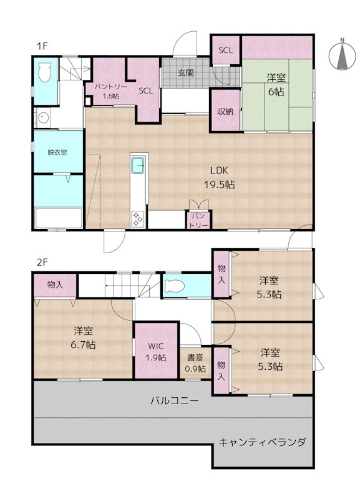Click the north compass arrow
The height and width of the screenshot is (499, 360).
[343, 56]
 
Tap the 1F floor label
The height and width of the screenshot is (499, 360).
[41, 46]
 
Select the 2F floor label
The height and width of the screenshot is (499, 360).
[41, 263]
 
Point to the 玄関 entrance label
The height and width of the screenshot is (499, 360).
[185, 72]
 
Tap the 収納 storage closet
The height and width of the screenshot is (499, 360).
[225, 112]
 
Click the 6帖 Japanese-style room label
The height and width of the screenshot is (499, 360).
[276, 84]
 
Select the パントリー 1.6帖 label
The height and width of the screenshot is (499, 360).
[110, 91]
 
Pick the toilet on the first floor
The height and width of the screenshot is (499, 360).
[45, 74]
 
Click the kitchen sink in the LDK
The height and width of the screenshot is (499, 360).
[138, 167]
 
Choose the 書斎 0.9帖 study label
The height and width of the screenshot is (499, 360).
[194, 363]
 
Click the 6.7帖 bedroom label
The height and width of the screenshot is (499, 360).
[82, 337]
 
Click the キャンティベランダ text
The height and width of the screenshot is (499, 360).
[261, 442]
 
